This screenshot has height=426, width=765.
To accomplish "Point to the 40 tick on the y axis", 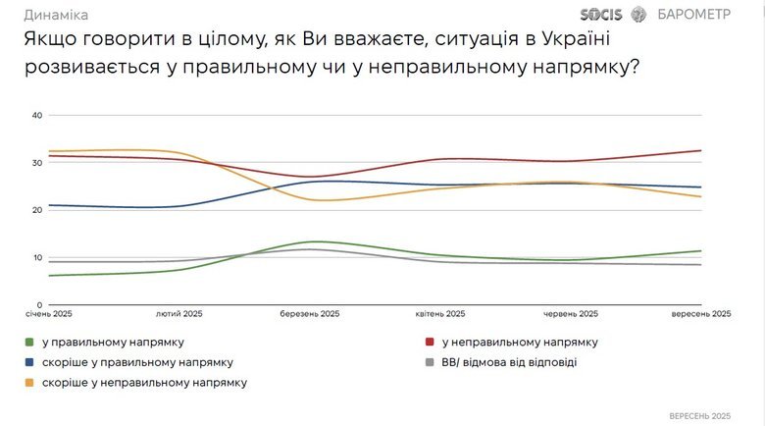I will click(x=37, y=115).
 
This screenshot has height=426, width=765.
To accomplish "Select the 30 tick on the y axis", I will click(x=37, y=163).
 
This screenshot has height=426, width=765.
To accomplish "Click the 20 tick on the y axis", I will click(x=37, y=210).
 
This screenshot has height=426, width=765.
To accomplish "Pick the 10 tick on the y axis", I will click(x=37, y=258).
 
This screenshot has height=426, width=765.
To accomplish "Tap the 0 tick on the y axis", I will click(x=40, y=305).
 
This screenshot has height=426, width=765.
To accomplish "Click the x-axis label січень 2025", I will click(x=49, y=315).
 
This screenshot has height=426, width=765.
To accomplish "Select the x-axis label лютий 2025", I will click(x=179, y=315).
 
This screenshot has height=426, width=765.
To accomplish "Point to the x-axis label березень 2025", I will click(x=311, y=315).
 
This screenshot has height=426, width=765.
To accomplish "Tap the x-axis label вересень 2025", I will click(x=701, y=315).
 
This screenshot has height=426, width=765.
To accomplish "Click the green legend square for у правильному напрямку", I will click(x=30, y=343).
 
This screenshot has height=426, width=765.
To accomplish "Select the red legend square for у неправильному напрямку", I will click(x=429, y=343).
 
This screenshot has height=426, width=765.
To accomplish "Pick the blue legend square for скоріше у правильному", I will click(x=30, y=362).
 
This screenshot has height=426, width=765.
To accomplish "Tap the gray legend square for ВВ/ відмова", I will click(x=429, y=362).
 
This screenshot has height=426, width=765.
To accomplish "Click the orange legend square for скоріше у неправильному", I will click(x=30, y=382).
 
